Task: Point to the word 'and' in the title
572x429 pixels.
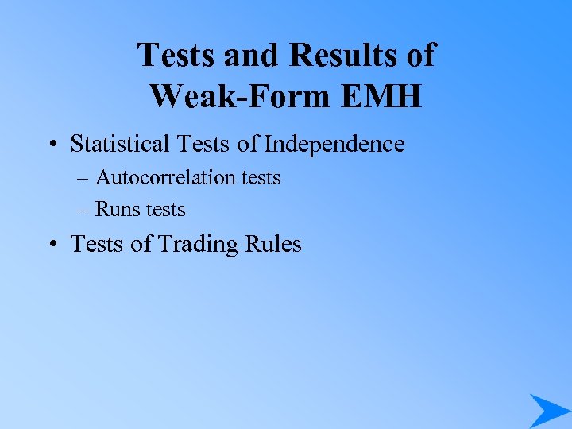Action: (250, 56)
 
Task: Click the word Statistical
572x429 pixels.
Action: (119, 144)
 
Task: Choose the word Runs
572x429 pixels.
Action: (114, 209)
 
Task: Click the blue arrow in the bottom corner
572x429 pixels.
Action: (547, 410)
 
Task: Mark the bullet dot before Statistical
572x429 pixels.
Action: (50, 145)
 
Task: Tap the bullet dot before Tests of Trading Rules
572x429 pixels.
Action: (50, 244)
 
